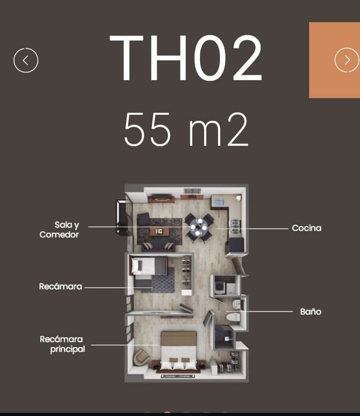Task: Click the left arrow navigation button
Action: [x=25, y=61]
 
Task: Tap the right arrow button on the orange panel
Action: [x=347, y=60]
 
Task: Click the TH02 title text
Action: [x=186, y=58]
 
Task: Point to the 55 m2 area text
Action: [x=186, y=129]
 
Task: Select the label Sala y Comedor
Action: [x=59, y=230]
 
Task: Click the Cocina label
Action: [x=307, y=228]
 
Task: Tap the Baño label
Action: [x=311, y=311]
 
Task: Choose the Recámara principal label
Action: [x=62, y=344]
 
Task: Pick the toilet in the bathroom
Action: [x=233, y=317]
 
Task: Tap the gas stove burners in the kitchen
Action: [x=235, y=226]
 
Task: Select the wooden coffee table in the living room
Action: [x=159, y=231]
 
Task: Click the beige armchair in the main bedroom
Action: [x=141, y=357]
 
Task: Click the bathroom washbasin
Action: [x=236, y=304]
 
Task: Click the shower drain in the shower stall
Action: [x=227, y=339]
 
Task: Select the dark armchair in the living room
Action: [x=144, y=219]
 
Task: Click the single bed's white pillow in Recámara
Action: [x=137, y=265]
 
